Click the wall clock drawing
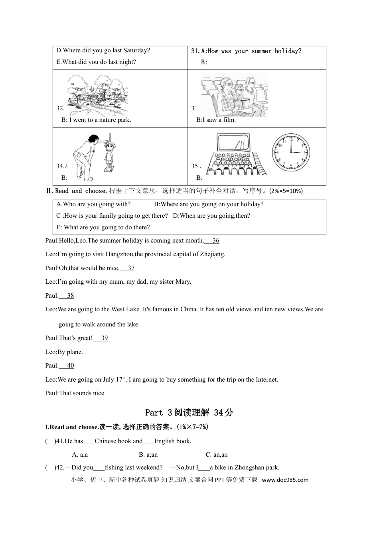[291, 153]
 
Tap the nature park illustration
[98, 95]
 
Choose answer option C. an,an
[216, 455]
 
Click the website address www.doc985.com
[285, 480]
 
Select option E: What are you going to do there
[103, 227]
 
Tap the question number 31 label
[195, 51]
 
